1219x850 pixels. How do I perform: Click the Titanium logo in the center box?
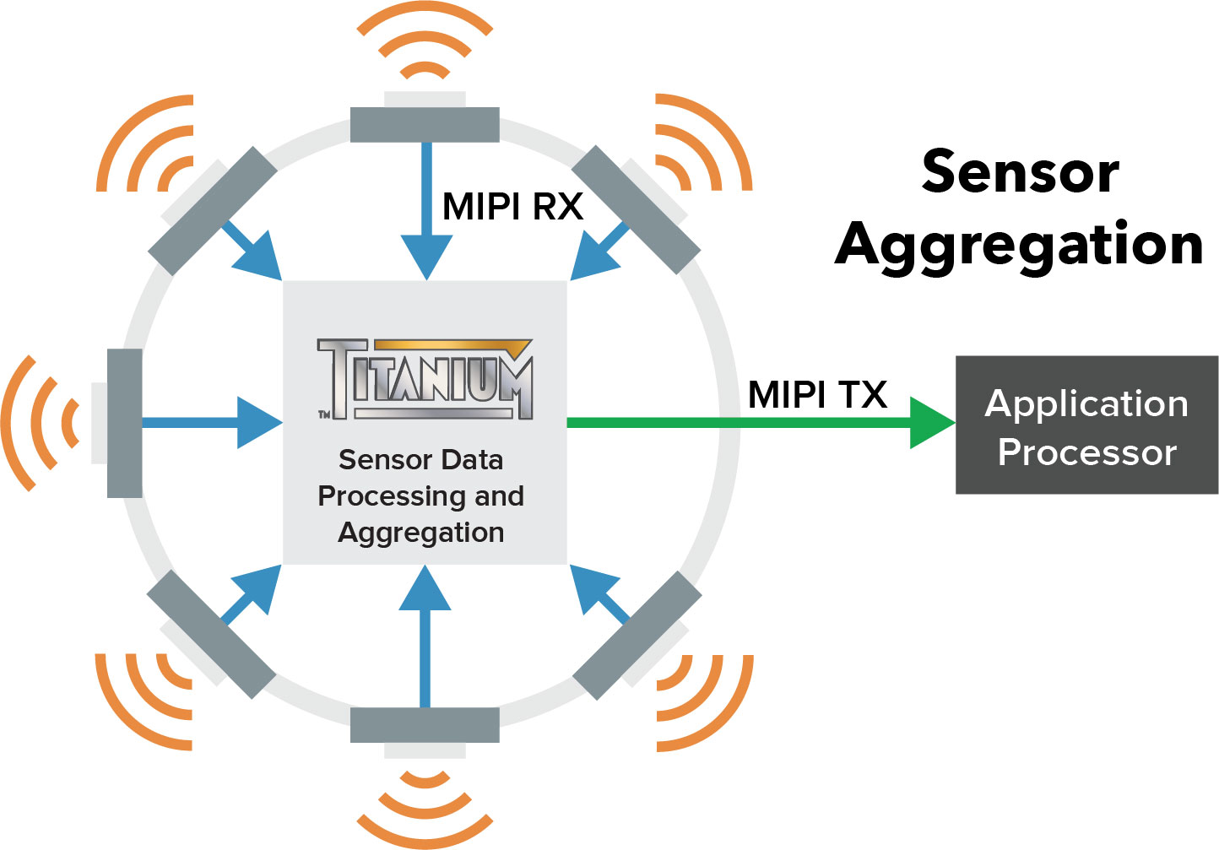[425, 379]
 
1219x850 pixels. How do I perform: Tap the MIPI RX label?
[512, 207]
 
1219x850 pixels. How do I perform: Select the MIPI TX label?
[817, 395]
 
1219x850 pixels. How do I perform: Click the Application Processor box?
[1086, 425]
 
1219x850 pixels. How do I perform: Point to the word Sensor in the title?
[1020, 172]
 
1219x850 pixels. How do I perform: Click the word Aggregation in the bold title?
[1019, 245]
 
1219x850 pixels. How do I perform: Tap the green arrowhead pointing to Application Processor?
[930, 422]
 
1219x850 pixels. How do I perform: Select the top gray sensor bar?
[425, 125]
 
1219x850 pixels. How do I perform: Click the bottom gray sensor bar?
[425, 725]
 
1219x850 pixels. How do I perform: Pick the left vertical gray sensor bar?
[125, 423]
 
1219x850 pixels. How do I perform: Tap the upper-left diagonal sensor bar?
[213, 211]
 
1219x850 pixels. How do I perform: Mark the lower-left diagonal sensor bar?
[211, 634]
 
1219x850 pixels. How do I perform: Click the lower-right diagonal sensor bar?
[637, 636]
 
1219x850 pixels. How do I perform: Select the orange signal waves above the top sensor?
[425, 46]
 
